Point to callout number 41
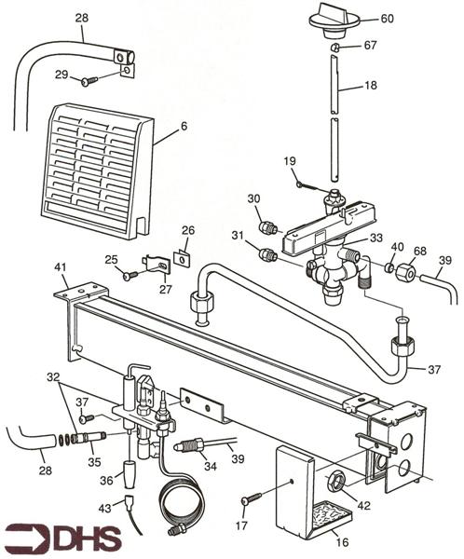tap(61, 268)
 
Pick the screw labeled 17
tap(250, 500)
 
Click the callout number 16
tap(344, 539)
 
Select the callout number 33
tap(375, 239)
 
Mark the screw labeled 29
tap(89, 81)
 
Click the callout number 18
tap(370, 85)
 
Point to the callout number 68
tap(420, 251)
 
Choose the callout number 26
tap(188, 230)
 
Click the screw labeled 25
tap(130, 275)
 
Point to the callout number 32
tap(52, 376)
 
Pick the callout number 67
tap(370, 46)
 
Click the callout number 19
tap(290, 160)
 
